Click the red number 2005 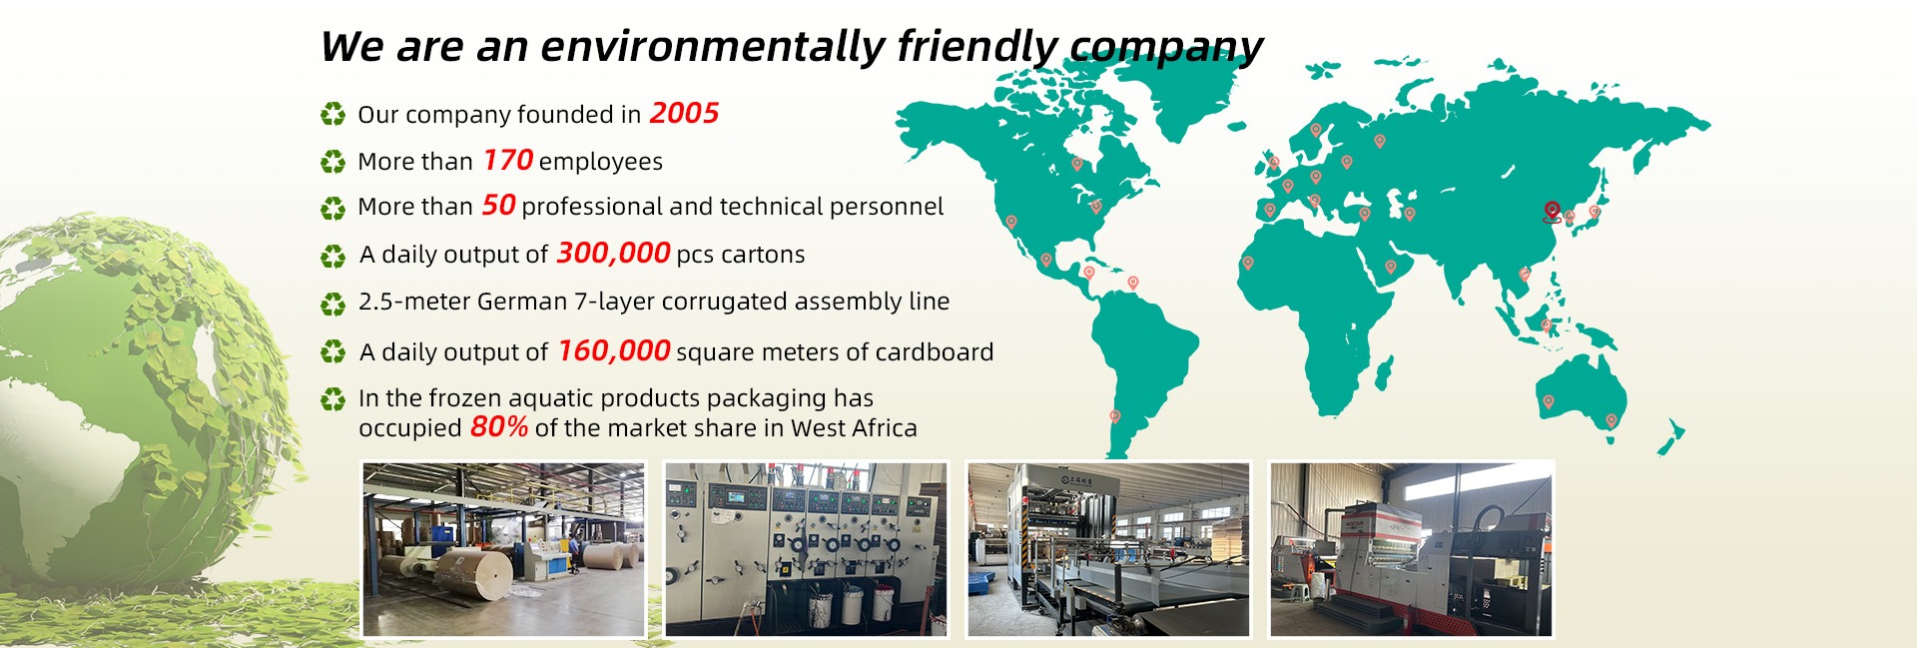684,113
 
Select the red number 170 508,160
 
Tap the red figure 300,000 613,253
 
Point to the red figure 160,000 614,350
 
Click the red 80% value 499,426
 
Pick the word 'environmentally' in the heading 713,46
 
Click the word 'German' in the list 522,301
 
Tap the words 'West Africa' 854,428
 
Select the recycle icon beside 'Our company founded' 332,114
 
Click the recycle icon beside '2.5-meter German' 332,303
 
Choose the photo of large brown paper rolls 503,549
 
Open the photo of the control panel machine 806,549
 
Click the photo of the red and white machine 1411,549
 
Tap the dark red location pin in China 1551,212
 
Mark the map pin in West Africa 1247,264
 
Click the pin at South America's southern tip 1115,416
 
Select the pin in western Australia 1549,402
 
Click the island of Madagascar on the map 1384,372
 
